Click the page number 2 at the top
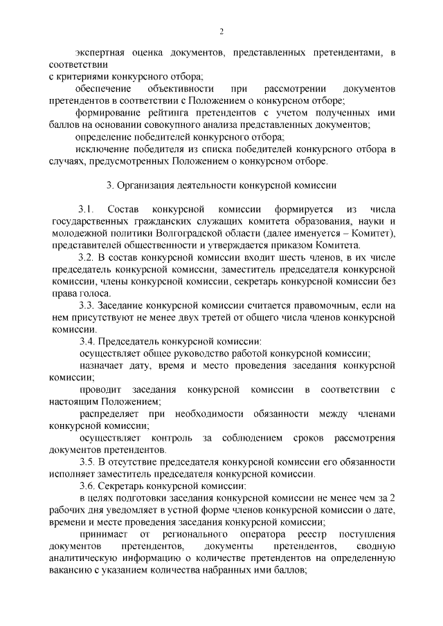pyautogui.click(x=221, y=31)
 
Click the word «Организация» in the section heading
pyautogui.click(x=150, y=185)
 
